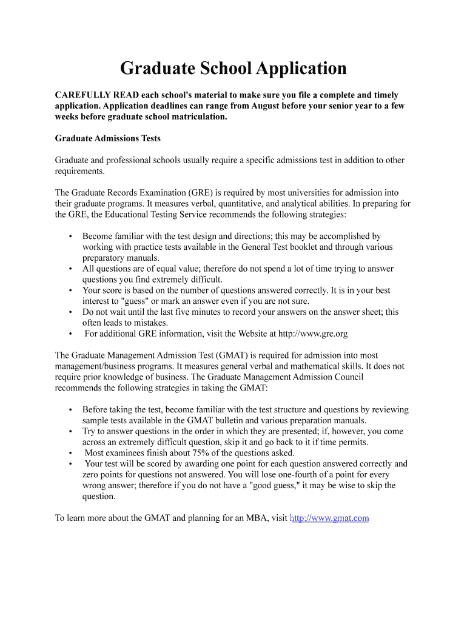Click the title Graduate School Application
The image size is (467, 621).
233,68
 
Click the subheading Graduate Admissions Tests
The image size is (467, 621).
108,138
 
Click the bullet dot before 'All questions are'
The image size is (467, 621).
71,269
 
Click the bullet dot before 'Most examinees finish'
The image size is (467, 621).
71,453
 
